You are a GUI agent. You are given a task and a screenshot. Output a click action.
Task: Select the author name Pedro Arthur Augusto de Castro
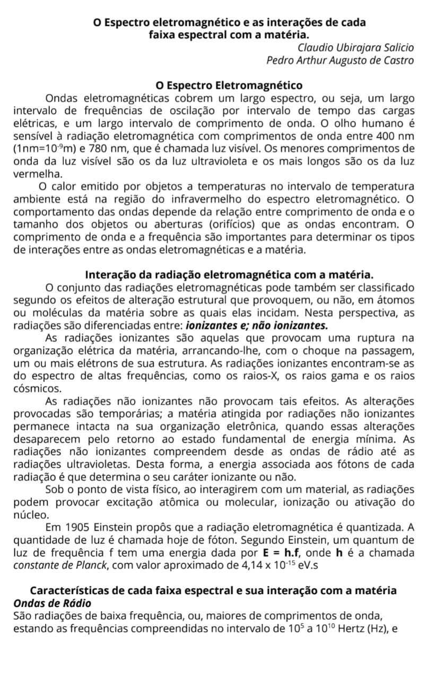[x=339, y=60]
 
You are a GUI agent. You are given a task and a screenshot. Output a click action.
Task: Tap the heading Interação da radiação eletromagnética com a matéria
[x=229, y=275]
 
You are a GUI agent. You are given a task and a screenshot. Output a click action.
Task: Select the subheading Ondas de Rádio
[x=52, y=604]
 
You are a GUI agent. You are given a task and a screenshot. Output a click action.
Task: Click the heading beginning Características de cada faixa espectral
[x=213, y=591]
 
